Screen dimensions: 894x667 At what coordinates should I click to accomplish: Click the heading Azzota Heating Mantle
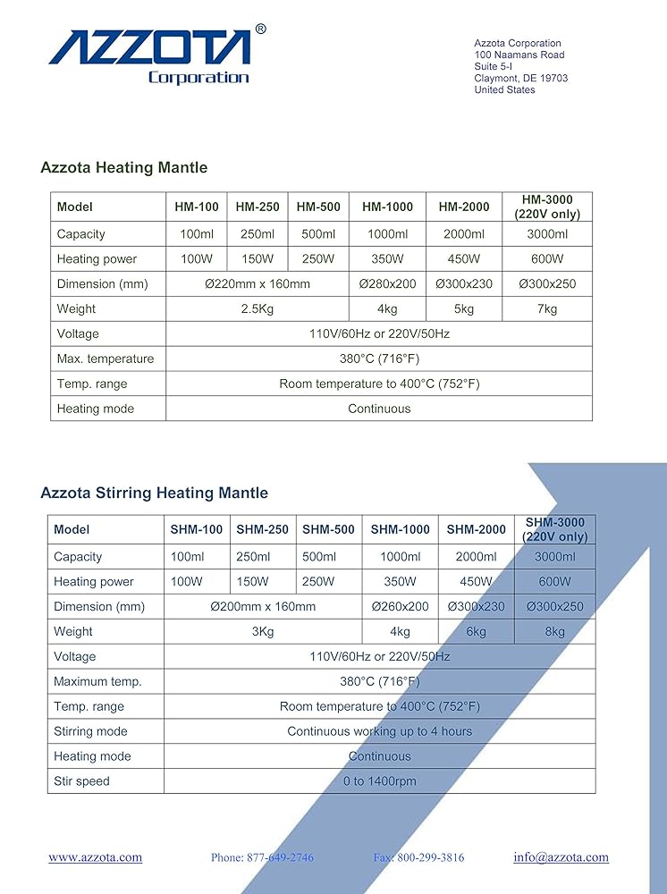(123, 167)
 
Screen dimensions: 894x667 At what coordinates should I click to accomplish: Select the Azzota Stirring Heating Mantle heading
(154, 493)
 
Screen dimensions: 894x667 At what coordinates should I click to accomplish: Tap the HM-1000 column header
(387, 207)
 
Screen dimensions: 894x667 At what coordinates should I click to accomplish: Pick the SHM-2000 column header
(477, 529)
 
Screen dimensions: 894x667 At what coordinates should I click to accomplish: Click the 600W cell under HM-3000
(547, 259)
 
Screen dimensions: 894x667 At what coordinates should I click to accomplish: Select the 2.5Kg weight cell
(257, 309)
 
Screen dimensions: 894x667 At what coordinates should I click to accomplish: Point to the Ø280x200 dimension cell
(387, 284)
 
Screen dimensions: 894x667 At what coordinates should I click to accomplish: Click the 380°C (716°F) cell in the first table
(379, 359)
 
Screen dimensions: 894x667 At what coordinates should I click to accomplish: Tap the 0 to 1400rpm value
(379, 781)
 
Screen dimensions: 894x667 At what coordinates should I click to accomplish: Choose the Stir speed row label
(81, 781)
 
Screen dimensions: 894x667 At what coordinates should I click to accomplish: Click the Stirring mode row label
(90, 731)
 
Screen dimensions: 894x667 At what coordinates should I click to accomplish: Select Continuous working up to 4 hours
(379, 731)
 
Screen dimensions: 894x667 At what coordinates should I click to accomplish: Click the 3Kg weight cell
(263, 631)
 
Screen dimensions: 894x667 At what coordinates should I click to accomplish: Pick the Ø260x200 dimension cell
(400, 606)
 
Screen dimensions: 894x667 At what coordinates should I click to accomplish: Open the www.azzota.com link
(95, 857)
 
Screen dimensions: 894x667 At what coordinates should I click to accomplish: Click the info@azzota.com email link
(561, 857)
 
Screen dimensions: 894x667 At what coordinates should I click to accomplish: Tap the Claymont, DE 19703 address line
(520, 78)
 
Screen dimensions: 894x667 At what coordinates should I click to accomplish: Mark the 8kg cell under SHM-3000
(554, 631)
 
